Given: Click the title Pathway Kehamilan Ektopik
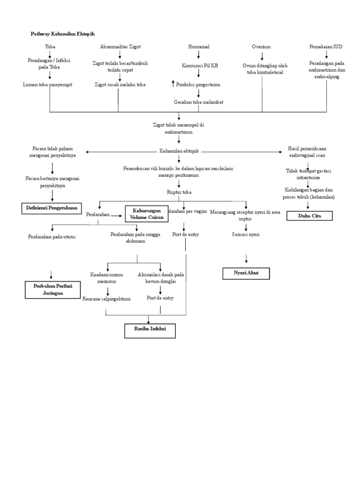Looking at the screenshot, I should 62,34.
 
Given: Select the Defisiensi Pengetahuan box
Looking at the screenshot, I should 52,208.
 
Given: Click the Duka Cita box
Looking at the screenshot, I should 309,216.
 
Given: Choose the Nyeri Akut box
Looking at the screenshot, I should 246,273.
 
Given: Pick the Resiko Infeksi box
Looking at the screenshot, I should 150,330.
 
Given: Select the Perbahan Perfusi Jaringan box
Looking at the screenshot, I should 50,290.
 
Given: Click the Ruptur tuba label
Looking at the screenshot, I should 179,192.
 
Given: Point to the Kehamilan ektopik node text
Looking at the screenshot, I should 179,151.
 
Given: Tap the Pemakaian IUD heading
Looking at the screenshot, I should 326,47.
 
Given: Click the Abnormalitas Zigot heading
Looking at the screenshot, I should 120,47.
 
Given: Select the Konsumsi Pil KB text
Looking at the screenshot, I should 200,66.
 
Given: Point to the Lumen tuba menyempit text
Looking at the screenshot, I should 50,84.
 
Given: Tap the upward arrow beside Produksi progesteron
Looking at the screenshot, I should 173,84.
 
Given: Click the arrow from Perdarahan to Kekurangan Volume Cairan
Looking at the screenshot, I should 117,216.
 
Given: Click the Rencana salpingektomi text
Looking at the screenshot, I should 106,299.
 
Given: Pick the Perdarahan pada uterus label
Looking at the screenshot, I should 52,237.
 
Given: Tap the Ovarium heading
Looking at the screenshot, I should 261,47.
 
